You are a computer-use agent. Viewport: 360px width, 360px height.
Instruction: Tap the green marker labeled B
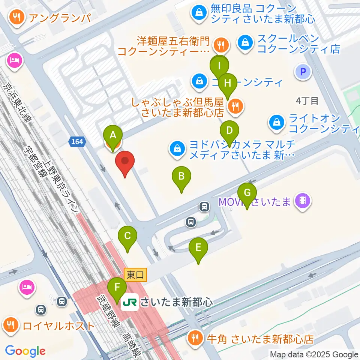(181, 177)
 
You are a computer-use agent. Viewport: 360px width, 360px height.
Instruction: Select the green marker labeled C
(127, 237)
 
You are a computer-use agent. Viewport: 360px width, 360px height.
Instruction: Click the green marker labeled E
(198, 248)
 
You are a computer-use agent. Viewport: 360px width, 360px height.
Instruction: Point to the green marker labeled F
(117, 288)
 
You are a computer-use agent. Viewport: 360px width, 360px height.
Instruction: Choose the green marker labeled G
(247, 193)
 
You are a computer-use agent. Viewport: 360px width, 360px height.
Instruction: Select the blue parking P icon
(303, 71)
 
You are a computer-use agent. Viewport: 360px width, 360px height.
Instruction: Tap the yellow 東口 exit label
(135, 274)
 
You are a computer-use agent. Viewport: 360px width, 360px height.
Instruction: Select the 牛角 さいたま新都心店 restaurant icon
(196, 339)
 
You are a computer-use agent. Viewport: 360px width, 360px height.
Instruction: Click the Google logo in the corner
(25, 351)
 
